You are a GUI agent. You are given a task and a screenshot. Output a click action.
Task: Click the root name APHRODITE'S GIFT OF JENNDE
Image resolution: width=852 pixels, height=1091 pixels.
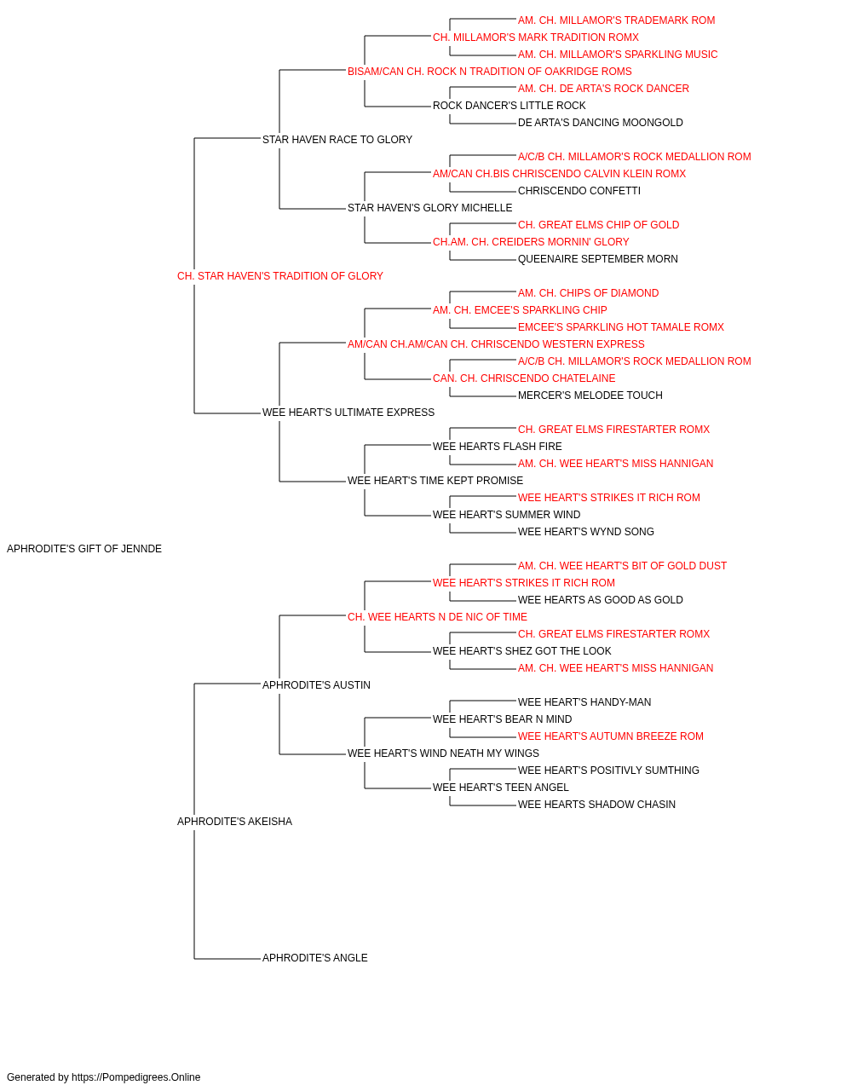[x=84, y=549]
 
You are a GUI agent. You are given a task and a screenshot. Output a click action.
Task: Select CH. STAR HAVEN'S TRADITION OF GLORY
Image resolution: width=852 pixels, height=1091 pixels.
[x=280, y=276]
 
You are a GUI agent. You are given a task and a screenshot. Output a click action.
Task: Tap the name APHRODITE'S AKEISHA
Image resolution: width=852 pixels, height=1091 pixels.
[x=234, y=822]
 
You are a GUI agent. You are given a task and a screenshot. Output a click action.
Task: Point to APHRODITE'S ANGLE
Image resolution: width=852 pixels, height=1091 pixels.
[x=314, y=958]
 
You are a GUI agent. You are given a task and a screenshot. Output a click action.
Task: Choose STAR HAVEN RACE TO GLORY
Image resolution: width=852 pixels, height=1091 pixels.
[x=337, y=140]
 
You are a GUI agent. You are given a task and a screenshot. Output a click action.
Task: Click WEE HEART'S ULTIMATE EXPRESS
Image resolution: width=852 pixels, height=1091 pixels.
[x=348, y=413]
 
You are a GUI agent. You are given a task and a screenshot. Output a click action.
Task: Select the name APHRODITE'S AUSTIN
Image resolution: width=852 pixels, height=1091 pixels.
[x=316, y=684]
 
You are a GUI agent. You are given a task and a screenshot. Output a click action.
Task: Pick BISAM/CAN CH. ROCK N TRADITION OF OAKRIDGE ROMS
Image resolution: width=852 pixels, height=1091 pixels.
[x=490, y=72]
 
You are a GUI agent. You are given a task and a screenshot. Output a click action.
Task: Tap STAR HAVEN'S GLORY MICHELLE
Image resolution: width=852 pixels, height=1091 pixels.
[x=430, y=208]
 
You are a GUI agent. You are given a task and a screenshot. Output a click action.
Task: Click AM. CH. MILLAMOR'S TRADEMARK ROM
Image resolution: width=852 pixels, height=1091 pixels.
[x=617, y=20]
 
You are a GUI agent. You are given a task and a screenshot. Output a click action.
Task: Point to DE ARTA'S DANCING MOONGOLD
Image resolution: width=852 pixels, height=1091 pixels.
[x=601, y=123]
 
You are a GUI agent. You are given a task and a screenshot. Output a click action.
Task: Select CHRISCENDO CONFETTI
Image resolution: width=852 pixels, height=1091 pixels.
[x=579, y=191]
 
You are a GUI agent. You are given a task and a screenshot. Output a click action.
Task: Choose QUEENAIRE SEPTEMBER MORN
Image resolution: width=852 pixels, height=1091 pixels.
[x=598, y=259]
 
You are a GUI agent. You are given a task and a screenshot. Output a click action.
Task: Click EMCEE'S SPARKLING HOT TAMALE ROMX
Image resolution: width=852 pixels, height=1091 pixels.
[x=621, y=327]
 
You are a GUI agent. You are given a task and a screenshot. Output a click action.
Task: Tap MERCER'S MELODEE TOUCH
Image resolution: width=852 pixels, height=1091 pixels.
[x=590, y=395]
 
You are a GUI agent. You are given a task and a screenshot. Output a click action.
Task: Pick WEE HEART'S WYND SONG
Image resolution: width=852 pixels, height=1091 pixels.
[x=586, y=532]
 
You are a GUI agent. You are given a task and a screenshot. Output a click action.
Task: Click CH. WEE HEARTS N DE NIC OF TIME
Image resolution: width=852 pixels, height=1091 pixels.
[x=438, y=617]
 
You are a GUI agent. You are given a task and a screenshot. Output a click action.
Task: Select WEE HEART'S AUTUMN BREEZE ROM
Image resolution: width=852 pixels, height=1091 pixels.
[x=611, y=736]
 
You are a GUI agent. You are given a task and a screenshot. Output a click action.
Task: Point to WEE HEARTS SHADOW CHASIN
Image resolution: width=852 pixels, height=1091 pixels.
[x=596, y=805]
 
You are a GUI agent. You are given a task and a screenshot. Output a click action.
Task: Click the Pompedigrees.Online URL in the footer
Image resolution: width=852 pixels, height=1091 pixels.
[x=136, y=1077]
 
